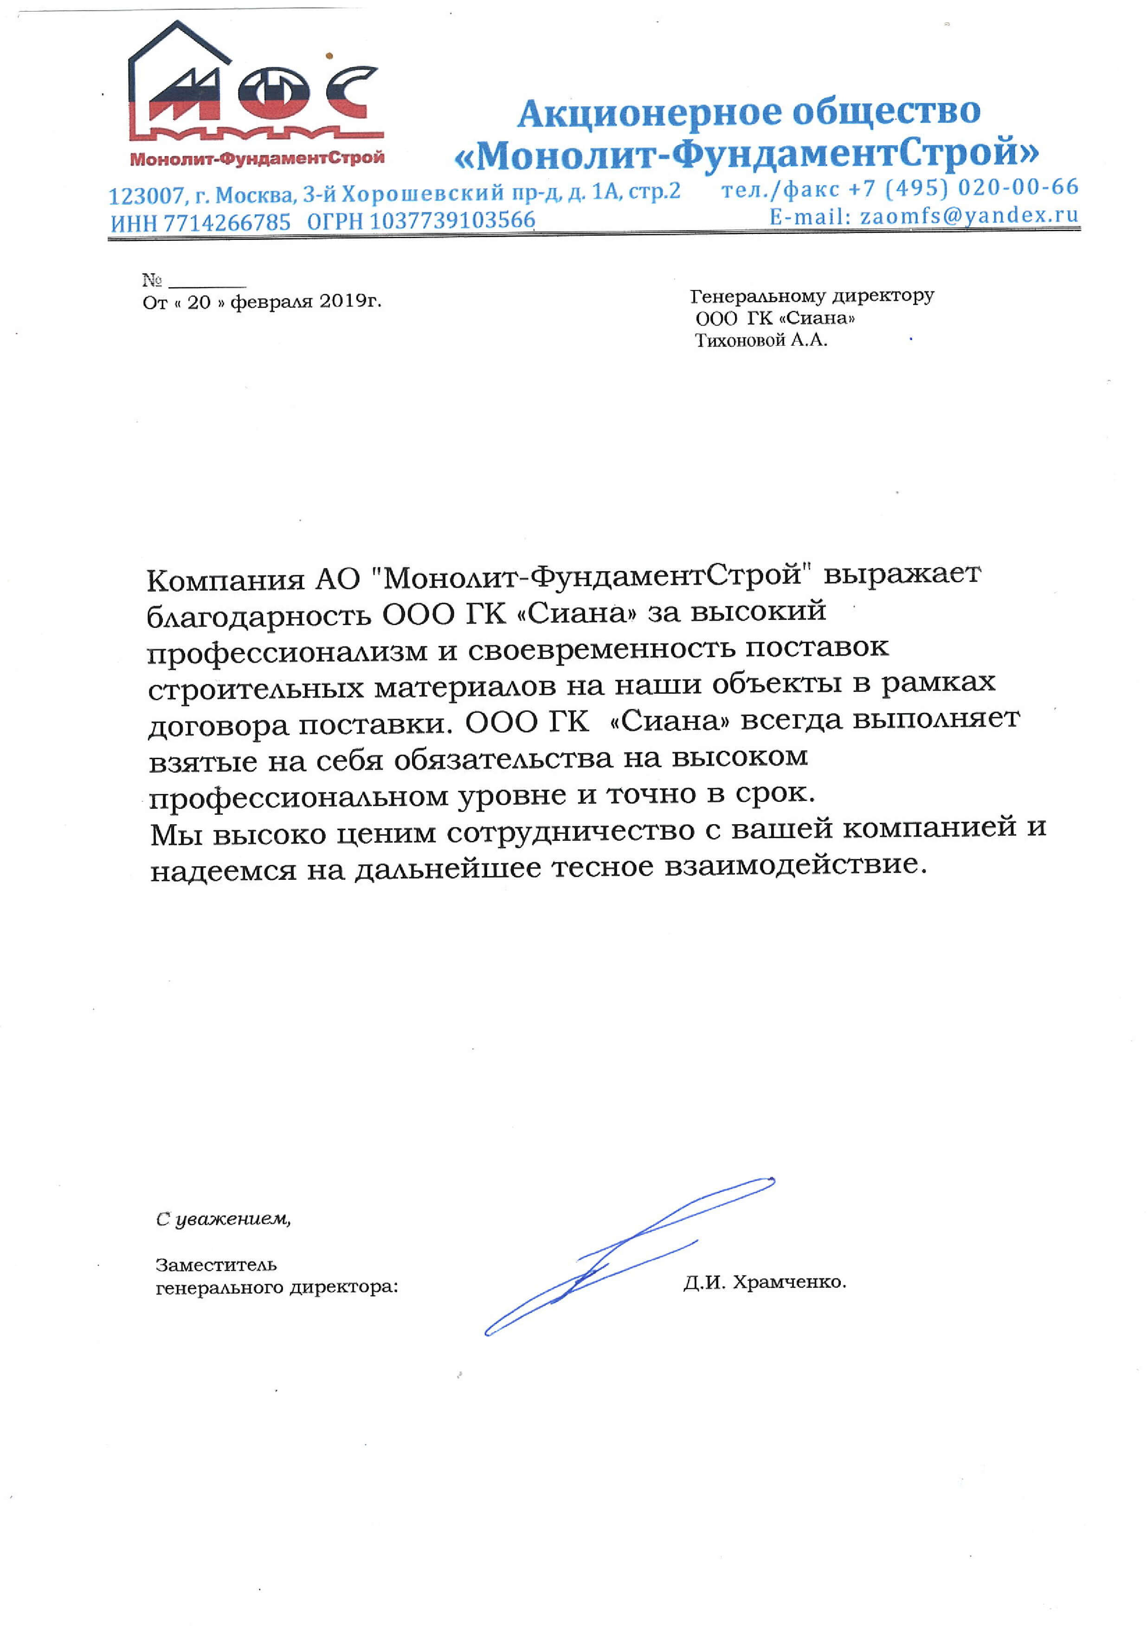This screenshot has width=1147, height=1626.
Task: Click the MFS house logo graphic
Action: point(255,85)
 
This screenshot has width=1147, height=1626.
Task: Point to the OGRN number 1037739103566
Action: point(452,221)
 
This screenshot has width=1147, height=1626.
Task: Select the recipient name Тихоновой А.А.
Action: point(760,341)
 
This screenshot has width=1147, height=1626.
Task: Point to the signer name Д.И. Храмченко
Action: point(765,1282)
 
